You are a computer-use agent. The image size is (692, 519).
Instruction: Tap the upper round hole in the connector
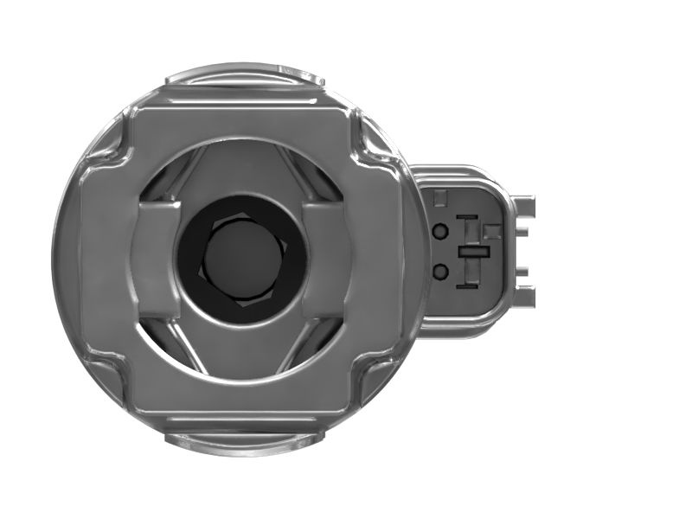[x=440, y=232]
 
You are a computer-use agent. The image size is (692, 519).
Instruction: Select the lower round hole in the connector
[x=440, y=272]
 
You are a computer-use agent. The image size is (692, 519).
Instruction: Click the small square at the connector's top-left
[x=439, y=196]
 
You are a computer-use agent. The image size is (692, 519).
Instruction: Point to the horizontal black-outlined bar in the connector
[x=474, y=252]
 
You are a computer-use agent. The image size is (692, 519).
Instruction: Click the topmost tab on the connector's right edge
[x=524, y=207]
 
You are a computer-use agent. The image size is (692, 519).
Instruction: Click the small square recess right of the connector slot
[x=492, y=232]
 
